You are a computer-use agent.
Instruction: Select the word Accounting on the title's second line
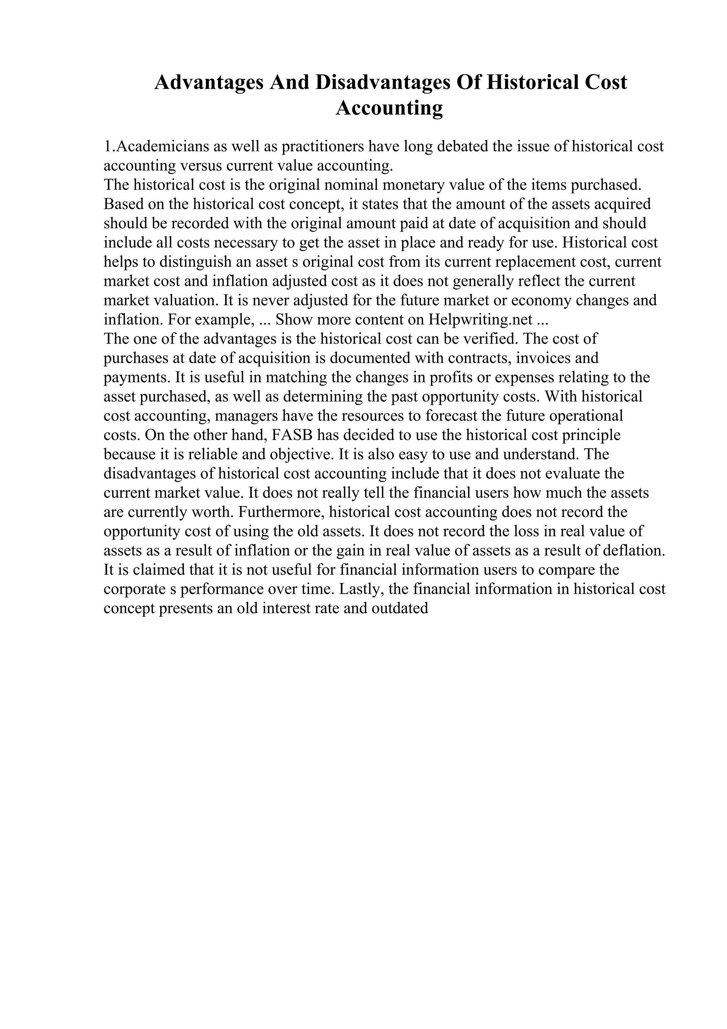click(x=389, y=108)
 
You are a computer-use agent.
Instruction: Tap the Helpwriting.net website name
click(x=481, y=320)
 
